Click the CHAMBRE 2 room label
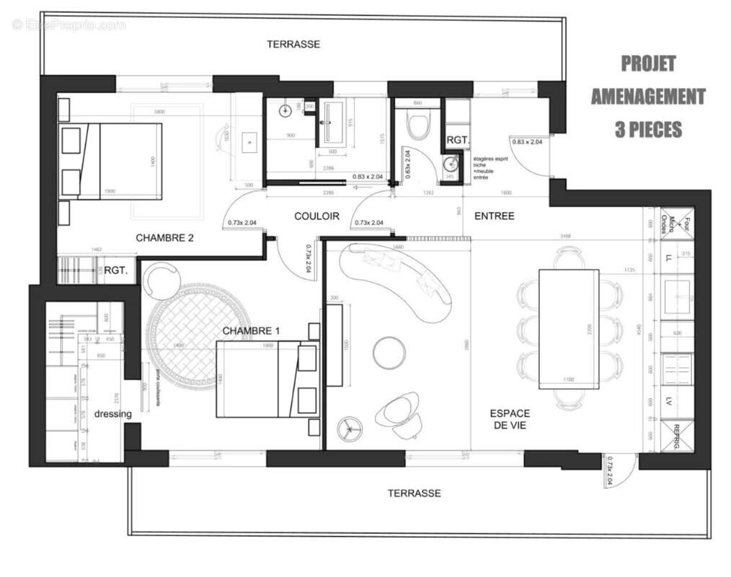(x=164, y=237)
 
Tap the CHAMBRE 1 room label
(x=251, y=330)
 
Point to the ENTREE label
(x=494, y=216)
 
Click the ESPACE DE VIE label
(x=510, y=419)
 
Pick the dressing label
(x=113, y=414)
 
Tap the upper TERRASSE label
(x=293, y=44)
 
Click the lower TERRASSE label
(x=414, y=493)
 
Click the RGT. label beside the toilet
(x=458, y=140)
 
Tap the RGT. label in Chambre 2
(x=116, y=271)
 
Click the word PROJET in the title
(x=648, y=63)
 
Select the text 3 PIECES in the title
(x=648, y=129)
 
